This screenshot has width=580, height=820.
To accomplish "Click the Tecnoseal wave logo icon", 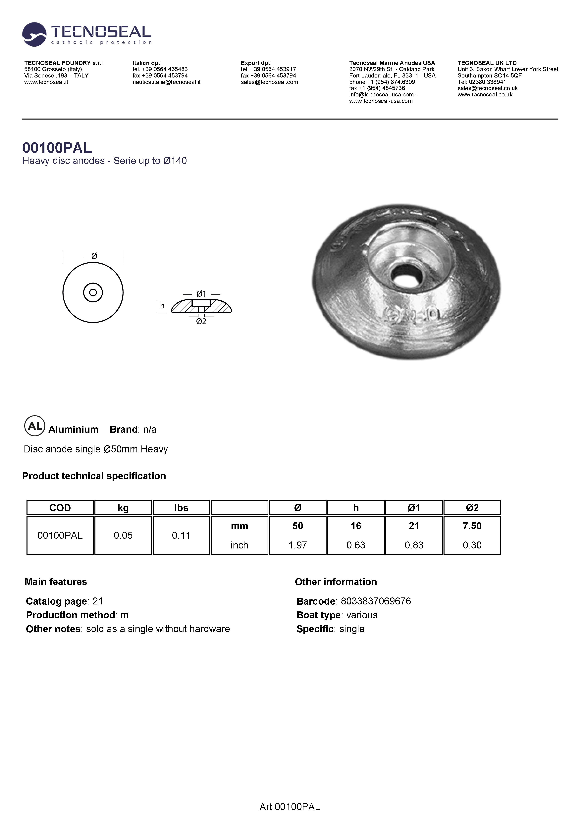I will pyautogui.click(x=34, y=34).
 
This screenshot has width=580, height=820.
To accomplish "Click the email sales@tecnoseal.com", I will pyautogui.click(x=269, y=82).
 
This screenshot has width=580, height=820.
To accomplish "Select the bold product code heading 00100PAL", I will pyautogui.click(x=57, y=147).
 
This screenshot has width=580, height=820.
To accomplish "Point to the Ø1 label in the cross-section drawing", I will pyautogui.click(x=201, y=294).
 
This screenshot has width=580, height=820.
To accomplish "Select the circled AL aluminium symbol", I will pyautogui.click(x=35, y=426).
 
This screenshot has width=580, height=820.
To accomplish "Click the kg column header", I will pyautogui.click(x=123, y=508).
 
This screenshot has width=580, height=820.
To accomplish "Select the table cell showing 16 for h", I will pyautogui.click(x=356, y=526).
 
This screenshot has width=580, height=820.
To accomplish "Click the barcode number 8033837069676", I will pyautogui.click(x=376, y=601).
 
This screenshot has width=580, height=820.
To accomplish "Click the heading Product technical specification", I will pyautogui.click(x=94, y=476).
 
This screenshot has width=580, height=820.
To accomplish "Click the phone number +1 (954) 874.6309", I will pyautogui.click(x=391, y=82).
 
